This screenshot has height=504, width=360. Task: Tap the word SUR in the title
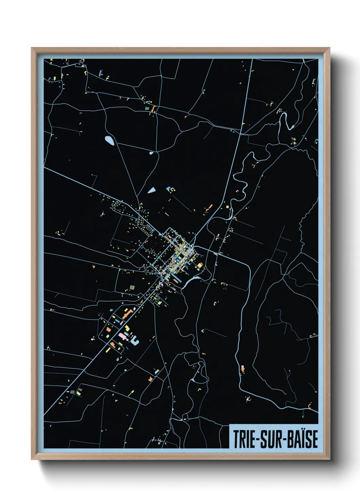click(x=273, y=439)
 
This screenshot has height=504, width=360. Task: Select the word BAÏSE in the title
click(x=303, y=439)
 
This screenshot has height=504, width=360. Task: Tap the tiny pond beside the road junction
click(x=151, y=153)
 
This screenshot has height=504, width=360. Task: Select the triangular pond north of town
click(x=151, y=190)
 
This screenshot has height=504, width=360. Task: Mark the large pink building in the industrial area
click(x=122, y=336)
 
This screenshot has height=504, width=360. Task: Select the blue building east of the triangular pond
click(x=168, y=188)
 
